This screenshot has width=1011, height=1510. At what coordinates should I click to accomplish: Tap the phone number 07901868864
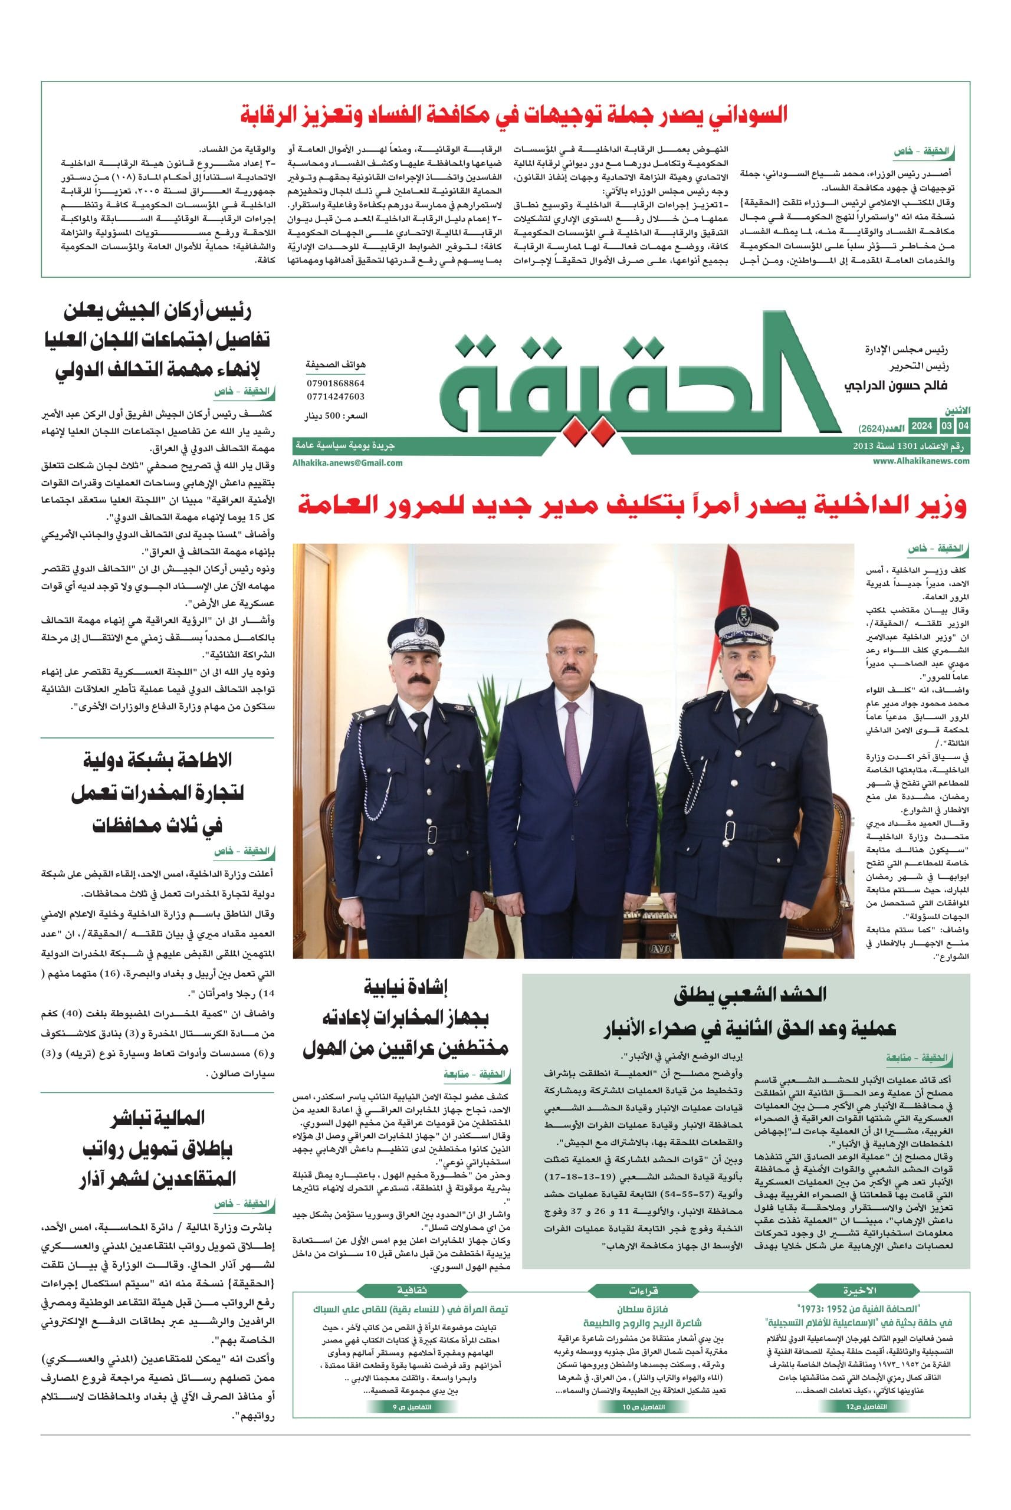pyautogui.click(x=335, y=383)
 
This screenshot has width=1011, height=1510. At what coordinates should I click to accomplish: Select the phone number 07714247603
pyautogui.click(x=335, y=397)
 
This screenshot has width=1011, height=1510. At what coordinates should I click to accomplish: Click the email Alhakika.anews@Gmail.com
pyautogui.click(x=347, y=462)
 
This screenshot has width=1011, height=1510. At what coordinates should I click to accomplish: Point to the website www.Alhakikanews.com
pyautogui.click(x=921, y=461)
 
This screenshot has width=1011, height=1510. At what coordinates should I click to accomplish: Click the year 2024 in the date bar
pyautogui.click(x=922, y=426)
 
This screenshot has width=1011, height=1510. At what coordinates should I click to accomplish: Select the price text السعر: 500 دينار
pyautogui.click(x=336, y=416)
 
